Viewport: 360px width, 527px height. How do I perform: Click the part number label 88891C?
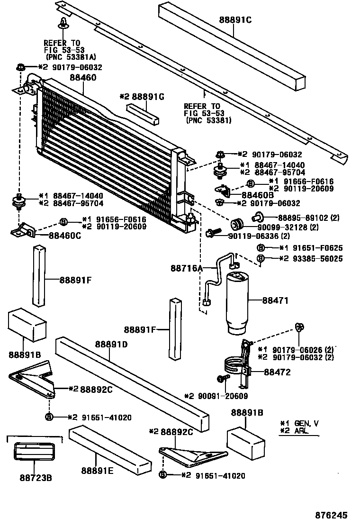(x=235, y=20)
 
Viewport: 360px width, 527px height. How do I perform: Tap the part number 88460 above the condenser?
(x=83, y=77)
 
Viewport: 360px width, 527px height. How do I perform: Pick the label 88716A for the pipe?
(x=187, y=268)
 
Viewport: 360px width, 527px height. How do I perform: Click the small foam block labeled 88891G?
(x=142, y=113)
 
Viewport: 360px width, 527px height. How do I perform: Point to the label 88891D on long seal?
(x=111, y=344)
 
